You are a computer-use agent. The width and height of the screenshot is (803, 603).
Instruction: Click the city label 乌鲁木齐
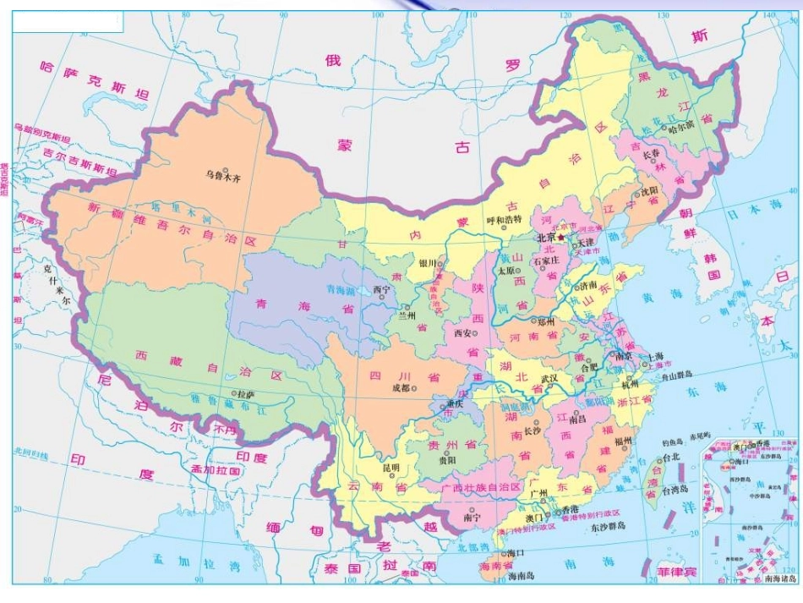click(x=224, y=178)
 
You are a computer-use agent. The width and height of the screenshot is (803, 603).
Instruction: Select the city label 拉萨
click(x=245, y=394)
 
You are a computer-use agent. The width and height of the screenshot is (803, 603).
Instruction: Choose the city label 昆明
click(x=391, y=468)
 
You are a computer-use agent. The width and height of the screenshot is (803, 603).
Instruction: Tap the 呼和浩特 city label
click(x=505, y=220)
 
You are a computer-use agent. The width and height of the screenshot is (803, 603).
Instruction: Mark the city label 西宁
click(x=381, y=289)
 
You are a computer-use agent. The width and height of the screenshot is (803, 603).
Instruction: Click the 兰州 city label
click(x=407, y=315)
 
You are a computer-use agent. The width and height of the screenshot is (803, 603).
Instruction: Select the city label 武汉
click(x=550, y=378)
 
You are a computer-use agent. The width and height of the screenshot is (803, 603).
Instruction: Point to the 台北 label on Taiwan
click(x=670, y=458)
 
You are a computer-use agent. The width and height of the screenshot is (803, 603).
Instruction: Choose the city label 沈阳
click(x=647, y=192)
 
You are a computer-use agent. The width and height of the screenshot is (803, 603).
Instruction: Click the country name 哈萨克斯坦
click(x=94, y=80)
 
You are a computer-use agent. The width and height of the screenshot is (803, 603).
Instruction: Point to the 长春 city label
click(x=651, y=155)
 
